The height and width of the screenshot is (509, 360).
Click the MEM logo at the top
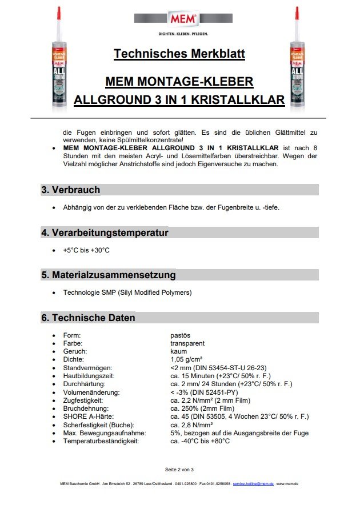coord(183,19)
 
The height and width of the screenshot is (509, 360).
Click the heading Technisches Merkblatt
coord(179,54)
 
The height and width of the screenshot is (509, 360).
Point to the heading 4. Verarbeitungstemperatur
coord(105,233)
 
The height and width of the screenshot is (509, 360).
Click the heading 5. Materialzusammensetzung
coord(109,275)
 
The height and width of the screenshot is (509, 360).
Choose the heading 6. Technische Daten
coord(88,318)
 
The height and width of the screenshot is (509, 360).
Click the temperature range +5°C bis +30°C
coord(86,250)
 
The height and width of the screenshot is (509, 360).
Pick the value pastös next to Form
coord(181,335)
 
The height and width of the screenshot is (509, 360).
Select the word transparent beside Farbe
coord(187,343)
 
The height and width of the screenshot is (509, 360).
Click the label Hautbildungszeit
coord(89,376)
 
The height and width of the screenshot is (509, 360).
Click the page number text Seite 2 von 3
coord(179,470)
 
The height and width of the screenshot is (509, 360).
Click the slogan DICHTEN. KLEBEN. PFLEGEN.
coord(182,34)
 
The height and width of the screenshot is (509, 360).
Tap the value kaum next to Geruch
coord(178,351)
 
